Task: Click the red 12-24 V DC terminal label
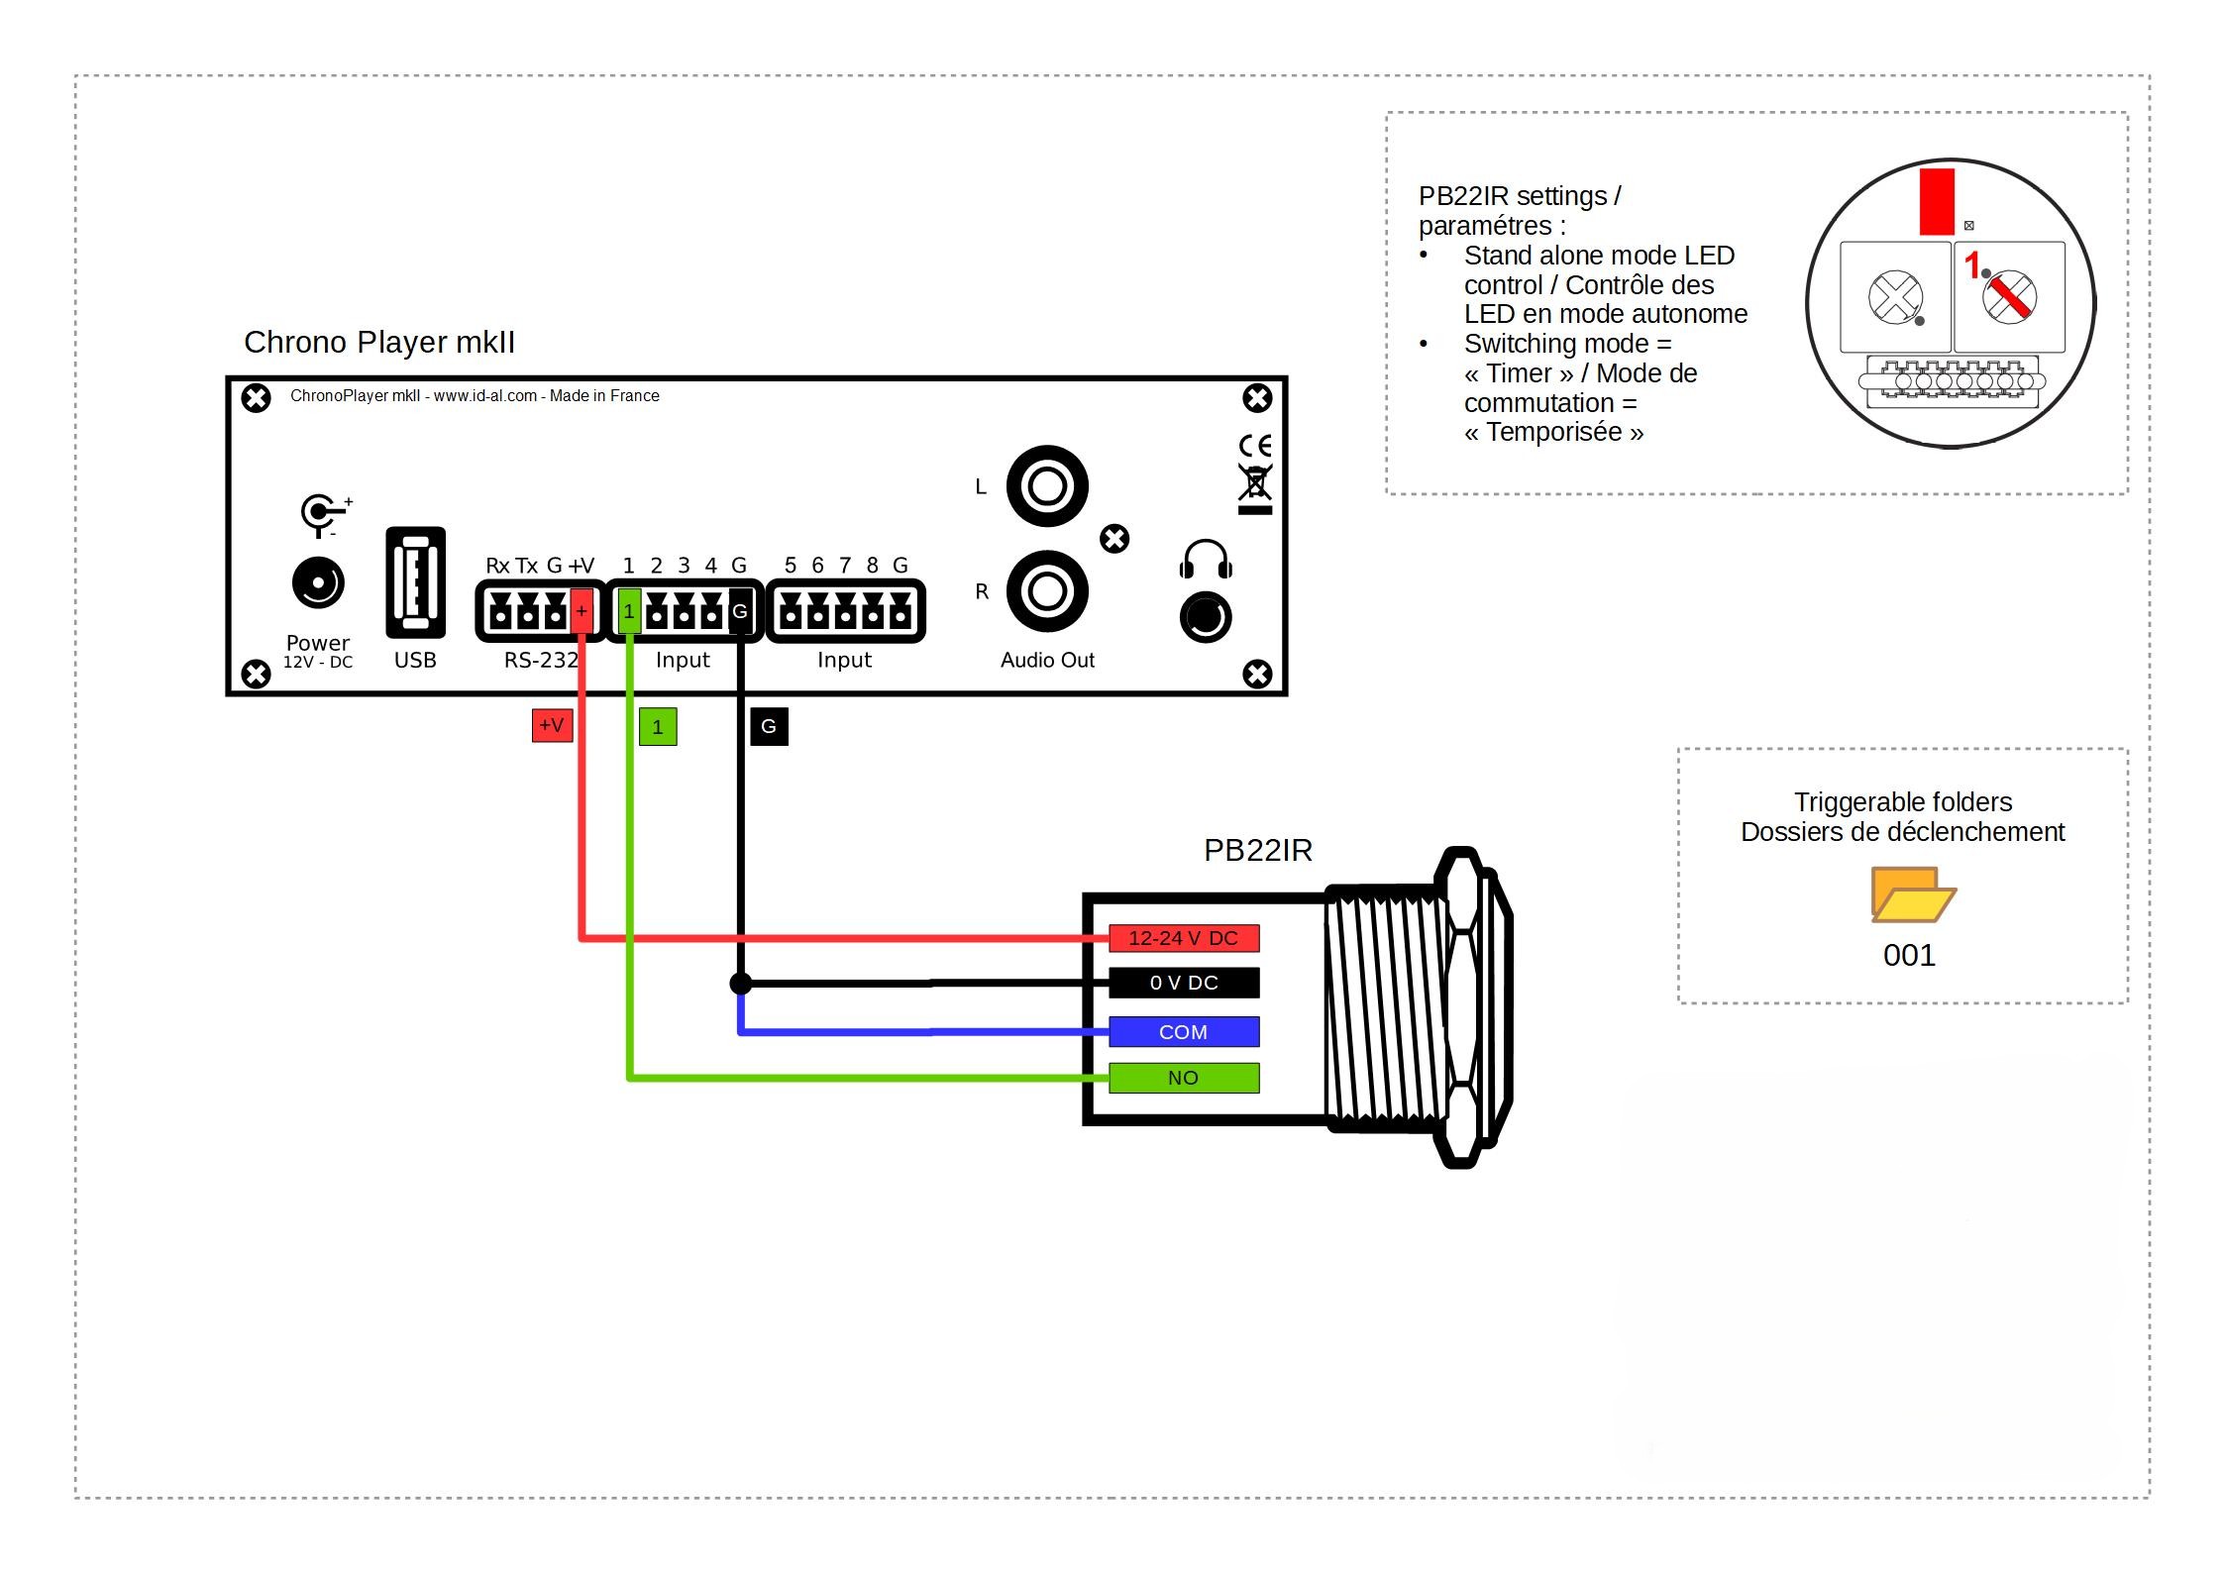(x=1183, y=937)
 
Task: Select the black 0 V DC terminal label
(x=1183, y=983)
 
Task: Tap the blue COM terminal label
(x=1183, y=1031)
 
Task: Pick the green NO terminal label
(x=1183, y=1078)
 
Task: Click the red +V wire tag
(x=552, y=725)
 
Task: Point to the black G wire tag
(x=769, y=726)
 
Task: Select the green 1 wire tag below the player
(x=658, y=726)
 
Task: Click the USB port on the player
(x=415, y=582)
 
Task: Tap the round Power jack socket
(x=318, y=582)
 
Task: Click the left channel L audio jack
(x=1047, y=485)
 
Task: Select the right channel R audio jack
(x=1047, y=591)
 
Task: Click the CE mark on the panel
(x=1255, y=445)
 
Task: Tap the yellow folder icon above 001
(x=1912, y=894)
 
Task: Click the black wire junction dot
(x=740, y=984)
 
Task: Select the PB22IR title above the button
(x=1257, y=850)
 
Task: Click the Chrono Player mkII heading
(x=379, y=342)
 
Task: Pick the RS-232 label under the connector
(x=541, y=660)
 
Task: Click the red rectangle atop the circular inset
(x=1937, y=201)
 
